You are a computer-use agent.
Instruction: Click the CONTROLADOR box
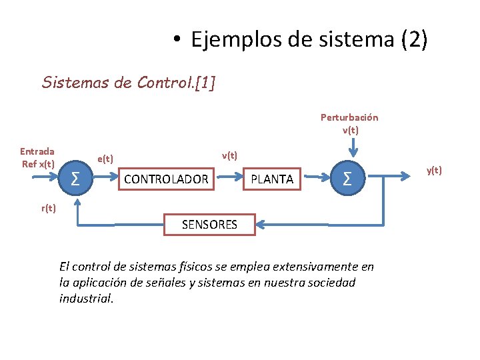tap(166, 179)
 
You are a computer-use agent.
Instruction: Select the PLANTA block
tap(272, 179)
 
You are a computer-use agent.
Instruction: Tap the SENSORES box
tap(209, 225)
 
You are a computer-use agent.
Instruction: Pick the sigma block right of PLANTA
tap(347, 179)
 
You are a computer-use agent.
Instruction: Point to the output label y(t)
tap(434, 170)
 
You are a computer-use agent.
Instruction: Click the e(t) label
tap(105, 159)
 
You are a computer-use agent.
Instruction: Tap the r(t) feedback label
tap(49, 208)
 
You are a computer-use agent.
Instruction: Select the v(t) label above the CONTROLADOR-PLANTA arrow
tap(230, 155)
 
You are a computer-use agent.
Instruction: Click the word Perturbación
tap(349, 117)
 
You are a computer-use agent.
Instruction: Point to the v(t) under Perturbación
tap(351, 130)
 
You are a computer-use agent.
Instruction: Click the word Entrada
tap(37, 151)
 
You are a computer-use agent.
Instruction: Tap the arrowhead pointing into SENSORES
tap(261, 225)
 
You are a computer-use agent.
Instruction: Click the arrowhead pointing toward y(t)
tap(411, 178)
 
